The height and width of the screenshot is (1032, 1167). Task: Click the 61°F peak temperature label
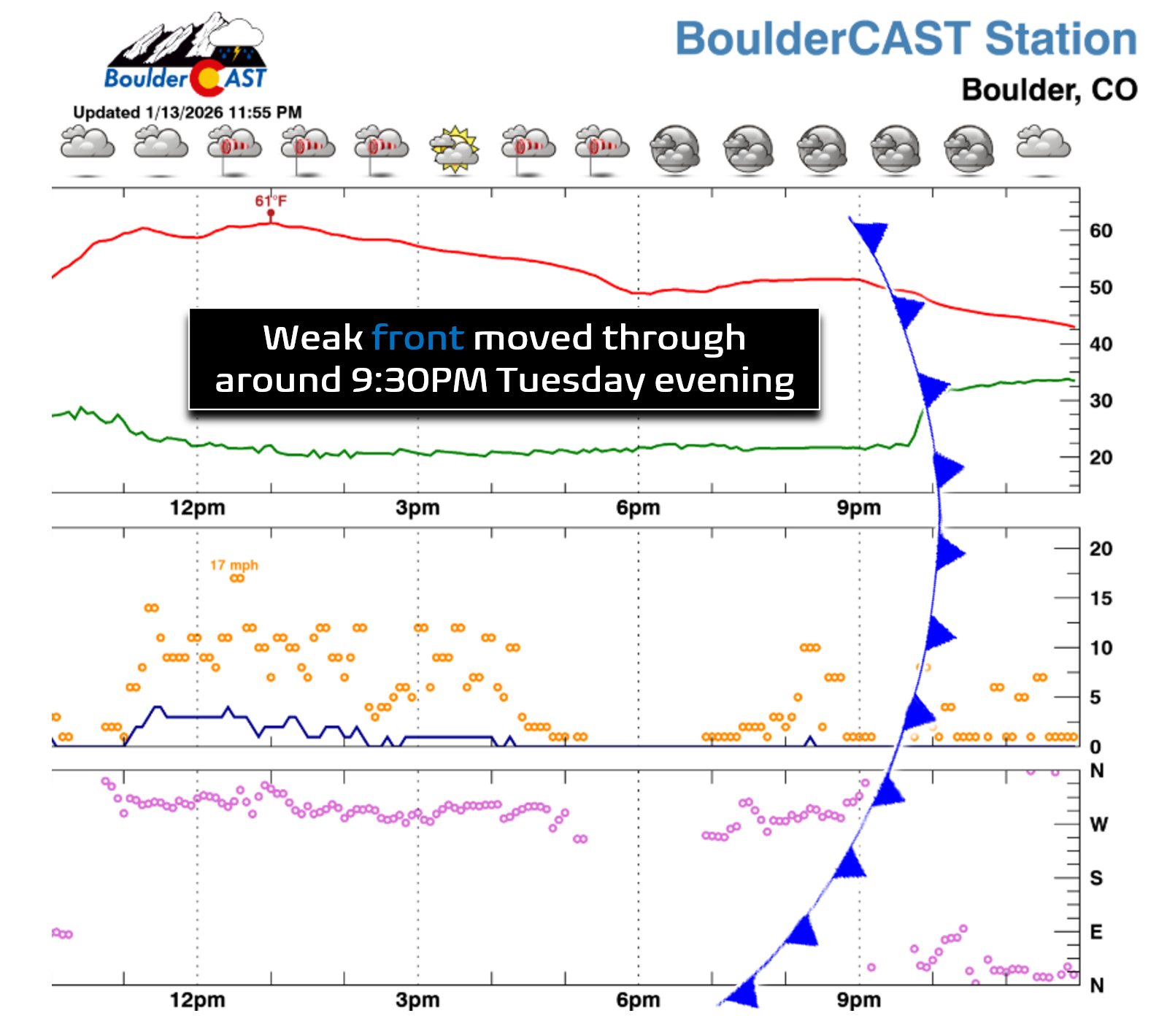271,201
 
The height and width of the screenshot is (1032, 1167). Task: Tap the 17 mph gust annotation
234,565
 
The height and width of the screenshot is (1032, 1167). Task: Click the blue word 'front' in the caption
417,338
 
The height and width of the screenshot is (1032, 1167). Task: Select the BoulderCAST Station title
906,39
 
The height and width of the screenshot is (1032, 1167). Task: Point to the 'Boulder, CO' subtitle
1049,91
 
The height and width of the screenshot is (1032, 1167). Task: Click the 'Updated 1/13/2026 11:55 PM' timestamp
188,112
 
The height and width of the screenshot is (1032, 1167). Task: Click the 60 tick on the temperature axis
1101,231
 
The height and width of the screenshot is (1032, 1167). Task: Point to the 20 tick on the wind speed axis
1101,549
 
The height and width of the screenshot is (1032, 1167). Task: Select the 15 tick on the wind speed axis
1101,598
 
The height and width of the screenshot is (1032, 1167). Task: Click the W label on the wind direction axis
1098,825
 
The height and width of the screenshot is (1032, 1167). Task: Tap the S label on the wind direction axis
1096,878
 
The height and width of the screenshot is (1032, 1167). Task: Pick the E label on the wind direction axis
1096,932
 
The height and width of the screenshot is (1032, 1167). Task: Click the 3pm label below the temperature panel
417,508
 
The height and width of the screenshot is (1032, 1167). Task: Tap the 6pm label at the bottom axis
638,1000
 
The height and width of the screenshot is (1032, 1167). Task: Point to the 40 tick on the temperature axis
1101,344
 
